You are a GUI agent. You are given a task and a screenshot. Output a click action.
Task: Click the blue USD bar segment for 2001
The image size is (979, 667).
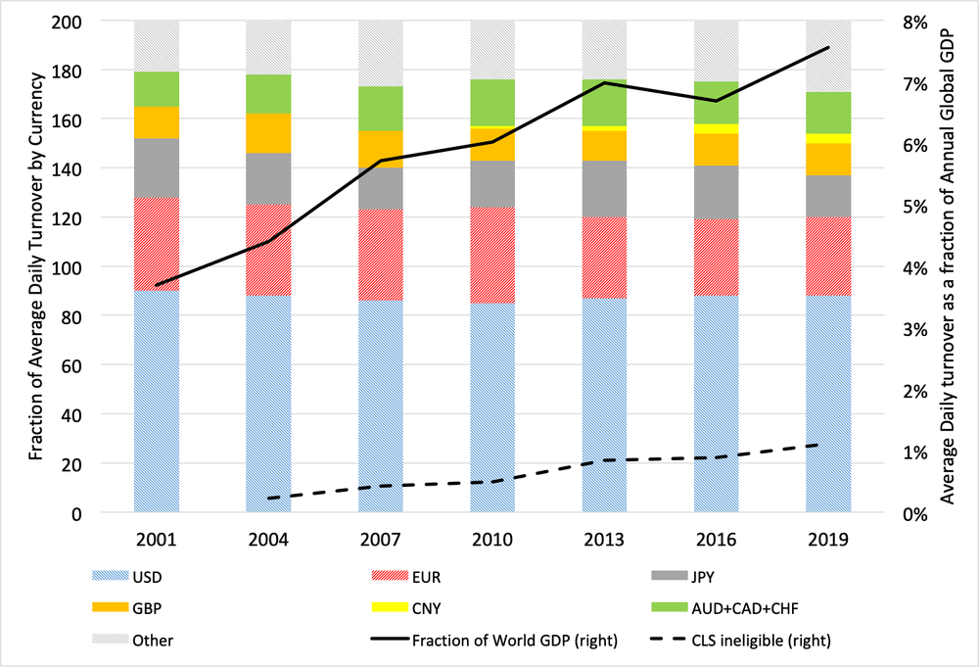157,402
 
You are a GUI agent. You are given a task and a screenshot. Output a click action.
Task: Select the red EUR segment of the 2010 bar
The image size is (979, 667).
492,255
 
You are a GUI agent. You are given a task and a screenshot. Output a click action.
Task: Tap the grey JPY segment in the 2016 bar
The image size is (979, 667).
717,192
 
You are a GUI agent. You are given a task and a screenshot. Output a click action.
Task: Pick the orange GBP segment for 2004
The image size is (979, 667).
268,133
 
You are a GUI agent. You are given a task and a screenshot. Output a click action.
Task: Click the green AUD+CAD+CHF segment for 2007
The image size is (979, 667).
381,109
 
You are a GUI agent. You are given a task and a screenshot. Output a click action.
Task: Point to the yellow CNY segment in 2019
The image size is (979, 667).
828,139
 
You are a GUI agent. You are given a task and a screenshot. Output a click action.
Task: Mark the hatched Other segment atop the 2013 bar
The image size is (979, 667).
604,50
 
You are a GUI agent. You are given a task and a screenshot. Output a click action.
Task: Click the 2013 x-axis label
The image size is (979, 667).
604,539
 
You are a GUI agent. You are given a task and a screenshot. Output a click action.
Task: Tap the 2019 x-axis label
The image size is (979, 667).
828,539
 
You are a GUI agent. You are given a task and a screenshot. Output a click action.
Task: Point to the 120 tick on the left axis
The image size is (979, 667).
67,218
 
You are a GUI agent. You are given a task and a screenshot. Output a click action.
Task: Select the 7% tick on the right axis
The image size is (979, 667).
914,83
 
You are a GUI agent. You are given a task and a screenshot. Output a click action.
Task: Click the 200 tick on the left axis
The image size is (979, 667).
67,22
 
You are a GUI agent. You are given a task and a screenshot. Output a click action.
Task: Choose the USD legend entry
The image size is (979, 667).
126,577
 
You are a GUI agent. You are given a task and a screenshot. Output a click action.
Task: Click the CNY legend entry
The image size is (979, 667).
406,607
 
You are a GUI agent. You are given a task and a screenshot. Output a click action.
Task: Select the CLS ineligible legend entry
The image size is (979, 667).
741,641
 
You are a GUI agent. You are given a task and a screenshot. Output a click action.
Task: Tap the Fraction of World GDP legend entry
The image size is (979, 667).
494,641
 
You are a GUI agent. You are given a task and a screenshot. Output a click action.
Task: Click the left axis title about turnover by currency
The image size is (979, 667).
36,266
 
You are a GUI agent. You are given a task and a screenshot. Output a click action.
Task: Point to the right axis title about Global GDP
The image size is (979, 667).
948,266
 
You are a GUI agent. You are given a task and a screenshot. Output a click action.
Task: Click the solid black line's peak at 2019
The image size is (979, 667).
828,47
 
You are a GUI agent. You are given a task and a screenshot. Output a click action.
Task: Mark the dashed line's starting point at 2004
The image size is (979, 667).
268,499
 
